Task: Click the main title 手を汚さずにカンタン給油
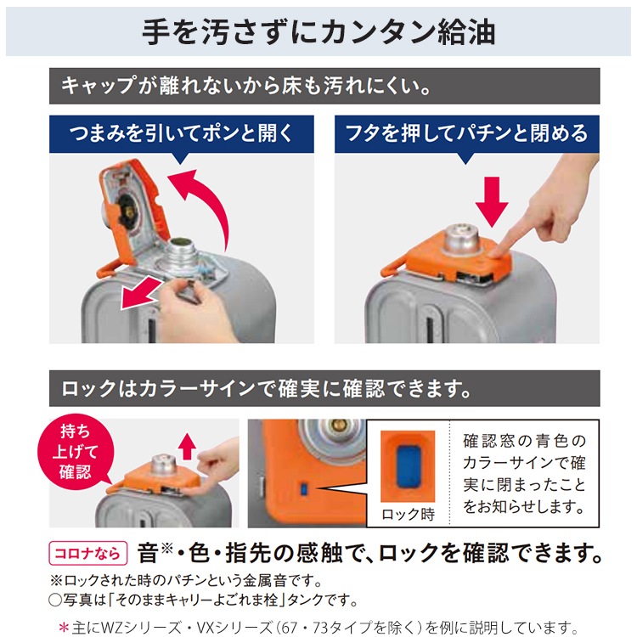pyautogui.click(x=318, y=31)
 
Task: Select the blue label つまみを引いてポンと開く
pyautogui.click(x=183, y=133)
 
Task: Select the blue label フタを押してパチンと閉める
pyautogui.click(x=466, y=133)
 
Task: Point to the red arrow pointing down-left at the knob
pyautogui.click(x=139, y=294)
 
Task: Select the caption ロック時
pyautogui.click(x=407, y=515)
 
